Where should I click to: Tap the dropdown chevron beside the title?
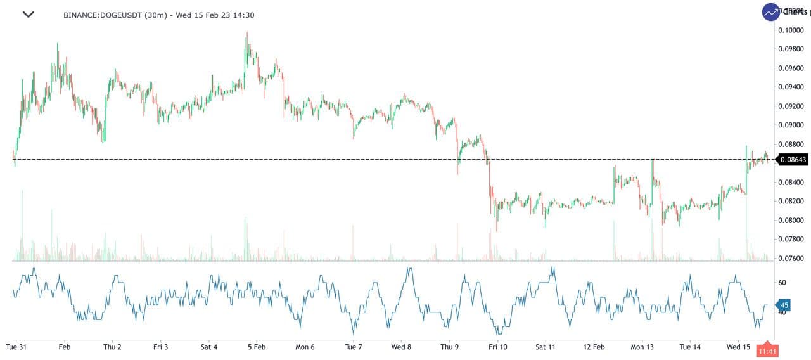[x=29, y=15]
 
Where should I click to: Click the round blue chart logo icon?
[x=771, y=11]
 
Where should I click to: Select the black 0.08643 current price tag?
[x=793, y=160]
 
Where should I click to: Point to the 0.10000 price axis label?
[x=792, y=30]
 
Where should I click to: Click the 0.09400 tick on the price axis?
[x=792, y=87]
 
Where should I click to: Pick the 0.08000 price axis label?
[x=792, y=221]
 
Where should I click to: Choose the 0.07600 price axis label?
[x=792, y=259]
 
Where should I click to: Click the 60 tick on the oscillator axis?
[x=782, y=283]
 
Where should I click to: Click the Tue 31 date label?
[x=15, y=347]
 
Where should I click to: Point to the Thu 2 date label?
[x=112, y=347]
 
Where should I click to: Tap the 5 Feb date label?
[x=257, y=347]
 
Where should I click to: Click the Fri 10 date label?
[x=497, y=347]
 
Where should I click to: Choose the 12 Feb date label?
[x=594, y=347]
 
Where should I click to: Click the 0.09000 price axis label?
[x=792, y=125]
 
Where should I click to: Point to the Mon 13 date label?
[x=642, y=347]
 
